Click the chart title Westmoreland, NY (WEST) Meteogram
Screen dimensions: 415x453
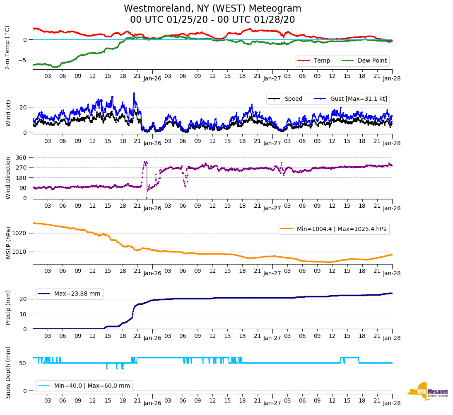tap(212, 9)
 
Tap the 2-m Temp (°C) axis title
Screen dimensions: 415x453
tap(7, 47)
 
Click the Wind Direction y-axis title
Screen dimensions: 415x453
tap(7, 178)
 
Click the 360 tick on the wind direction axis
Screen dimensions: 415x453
tap(22, 158)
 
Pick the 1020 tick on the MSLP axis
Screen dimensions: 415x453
tap(21, 233)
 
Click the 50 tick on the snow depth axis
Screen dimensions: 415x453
tap(24, 363)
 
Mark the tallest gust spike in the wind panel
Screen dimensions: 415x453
tap(134, 93)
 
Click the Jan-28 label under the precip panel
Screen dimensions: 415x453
tap(392, 338)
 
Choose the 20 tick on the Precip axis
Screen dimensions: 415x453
tap(24, 299)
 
